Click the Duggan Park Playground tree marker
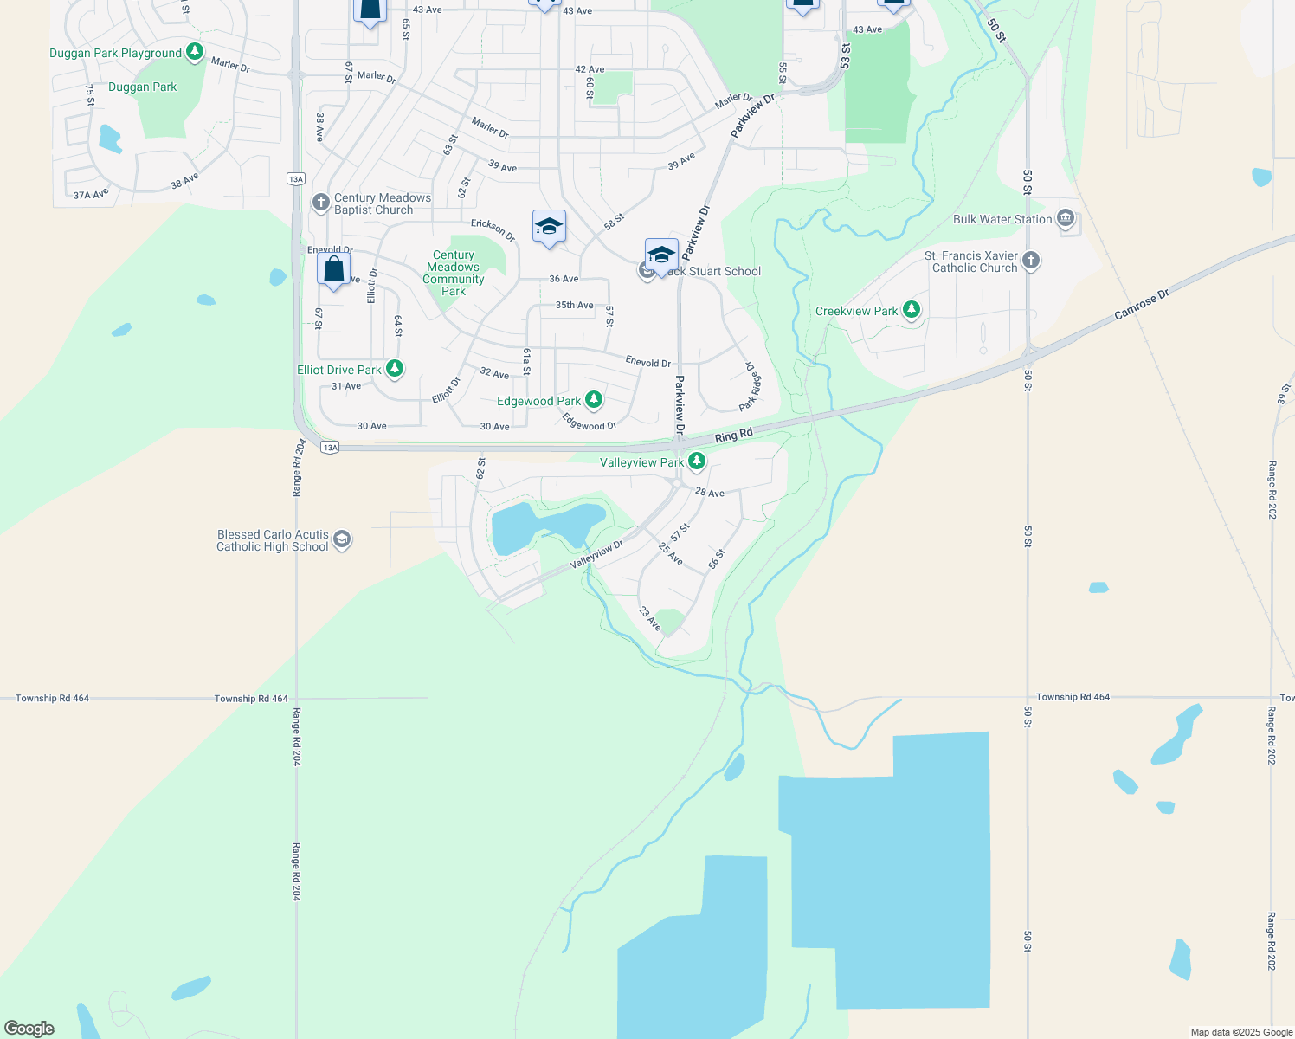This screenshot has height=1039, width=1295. point(195,53)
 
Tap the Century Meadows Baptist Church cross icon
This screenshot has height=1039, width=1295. point(320,203)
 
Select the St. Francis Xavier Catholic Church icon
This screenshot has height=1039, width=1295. point(1030,261)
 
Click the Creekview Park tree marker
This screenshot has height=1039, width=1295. point(911,310)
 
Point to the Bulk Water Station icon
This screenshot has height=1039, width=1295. point(1066,218)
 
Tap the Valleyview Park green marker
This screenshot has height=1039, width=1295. point(696,461)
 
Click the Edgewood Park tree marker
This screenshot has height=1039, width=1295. point(593,400)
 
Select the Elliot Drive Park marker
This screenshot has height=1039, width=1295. point(395,369)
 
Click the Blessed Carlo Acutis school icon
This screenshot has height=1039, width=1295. point(342,540)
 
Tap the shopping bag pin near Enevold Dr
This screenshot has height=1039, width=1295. point(334,269)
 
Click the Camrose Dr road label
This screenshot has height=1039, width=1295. point(1142,305)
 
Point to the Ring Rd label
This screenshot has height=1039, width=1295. point(733,435)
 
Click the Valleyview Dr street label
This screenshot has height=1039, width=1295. point(596,555)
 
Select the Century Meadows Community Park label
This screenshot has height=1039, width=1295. point(454,273)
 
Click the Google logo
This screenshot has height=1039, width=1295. point(29,1028)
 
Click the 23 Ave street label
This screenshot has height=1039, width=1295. point(649,618)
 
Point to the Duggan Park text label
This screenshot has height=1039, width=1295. point(142,87)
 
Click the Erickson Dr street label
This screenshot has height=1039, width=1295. point(493,229)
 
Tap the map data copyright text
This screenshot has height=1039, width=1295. point(1240,1031)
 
